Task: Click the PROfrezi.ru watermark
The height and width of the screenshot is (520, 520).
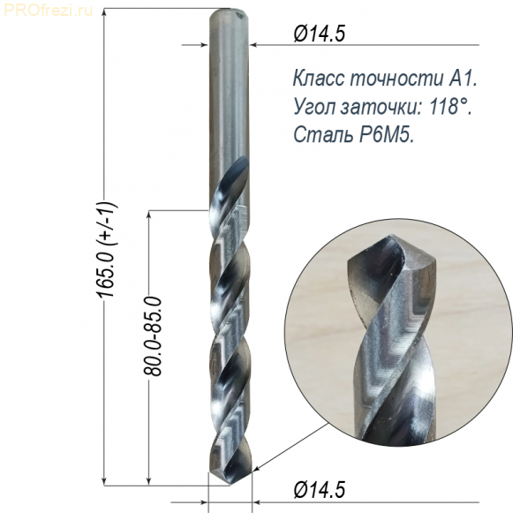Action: (48, 11)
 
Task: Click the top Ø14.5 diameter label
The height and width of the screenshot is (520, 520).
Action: (320, 34)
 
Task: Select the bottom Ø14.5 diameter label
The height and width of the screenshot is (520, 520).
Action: (320, 490)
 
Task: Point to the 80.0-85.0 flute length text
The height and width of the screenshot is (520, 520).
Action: (153, 336)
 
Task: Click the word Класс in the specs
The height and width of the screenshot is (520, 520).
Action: (320, 79)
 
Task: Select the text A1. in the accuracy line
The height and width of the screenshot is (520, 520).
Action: (463, 79)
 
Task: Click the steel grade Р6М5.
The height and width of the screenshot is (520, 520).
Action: (386, 135)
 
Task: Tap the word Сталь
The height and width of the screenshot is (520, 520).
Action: (322, 135)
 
